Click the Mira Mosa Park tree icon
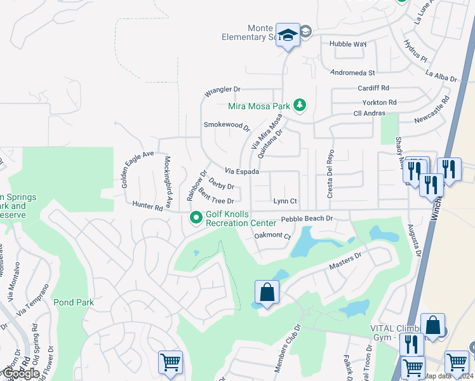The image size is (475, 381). tap(300, 106)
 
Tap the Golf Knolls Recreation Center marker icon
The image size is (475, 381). tap(196, 218)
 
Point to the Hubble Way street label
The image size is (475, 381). tap(348, 44)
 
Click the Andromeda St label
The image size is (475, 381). tap(351, 73)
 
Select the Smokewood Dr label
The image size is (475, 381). tap(227, 125)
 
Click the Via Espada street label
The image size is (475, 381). tap(241, 172)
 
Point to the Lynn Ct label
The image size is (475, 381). tap(284, 201)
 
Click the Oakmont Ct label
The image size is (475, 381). tap(272, 236)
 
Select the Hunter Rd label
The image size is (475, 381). tap(148, 206)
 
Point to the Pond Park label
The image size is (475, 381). tap(74, 303)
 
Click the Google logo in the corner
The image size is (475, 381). tap(20, 373)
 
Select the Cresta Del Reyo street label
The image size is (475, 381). tap(330, 174)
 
